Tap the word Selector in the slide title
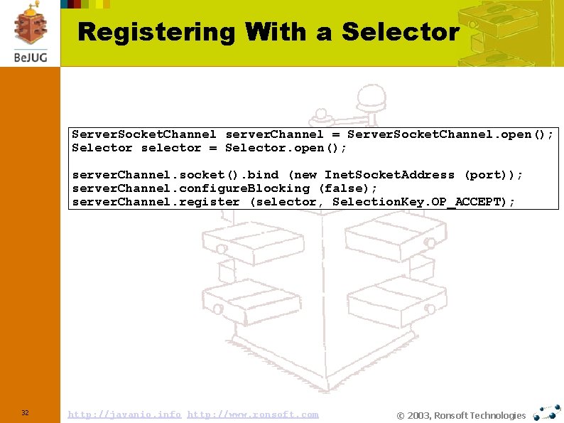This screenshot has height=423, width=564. tap(401, 32)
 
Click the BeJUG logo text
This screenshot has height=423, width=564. tap(30, 57)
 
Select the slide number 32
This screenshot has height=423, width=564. tap(25, 413)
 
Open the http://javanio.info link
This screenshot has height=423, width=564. tap(124, 414)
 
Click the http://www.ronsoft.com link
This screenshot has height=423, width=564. tap(253, 414)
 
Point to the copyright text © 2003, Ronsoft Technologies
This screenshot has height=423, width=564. tap(461, 416)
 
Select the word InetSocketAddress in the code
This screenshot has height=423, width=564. tap(389, 175)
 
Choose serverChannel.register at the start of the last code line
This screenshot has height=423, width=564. tap(156, 202)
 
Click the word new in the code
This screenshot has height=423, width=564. tap(304, 175)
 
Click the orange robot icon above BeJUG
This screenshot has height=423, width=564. tap(30, 25)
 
